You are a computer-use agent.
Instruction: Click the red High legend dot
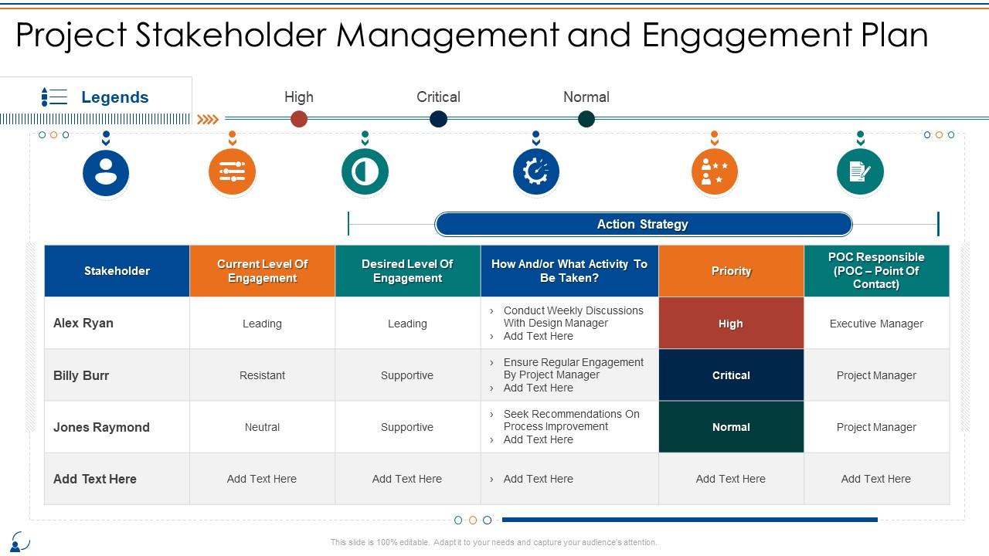[299, 119]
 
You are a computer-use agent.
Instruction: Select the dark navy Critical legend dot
[438, 119]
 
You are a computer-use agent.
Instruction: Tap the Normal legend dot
[586, 119]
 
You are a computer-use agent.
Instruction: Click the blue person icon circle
[106, 171]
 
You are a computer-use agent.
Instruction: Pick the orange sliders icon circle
[232, 171]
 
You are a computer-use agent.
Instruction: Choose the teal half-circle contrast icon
[365, 171]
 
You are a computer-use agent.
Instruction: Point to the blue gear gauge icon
[536, 171]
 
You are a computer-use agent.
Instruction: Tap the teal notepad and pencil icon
[860, 171]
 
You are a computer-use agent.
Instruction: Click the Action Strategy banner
[643, 224]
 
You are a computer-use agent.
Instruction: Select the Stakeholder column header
[117, 271]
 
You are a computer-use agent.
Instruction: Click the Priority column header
[731, 271]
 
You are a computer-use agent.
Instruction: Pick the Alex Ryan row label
[83, 323]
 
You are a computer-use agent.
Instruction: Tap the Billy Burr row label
[81, 375]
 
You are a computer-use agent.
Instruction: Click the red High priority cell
[731, 324]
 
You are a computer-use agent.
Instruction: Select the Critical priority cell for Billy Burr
[731, 375]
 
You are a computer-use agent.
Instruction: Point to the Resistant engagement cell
[262, 375]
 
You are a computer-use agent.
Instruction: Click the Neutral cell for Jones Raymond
[262, 427]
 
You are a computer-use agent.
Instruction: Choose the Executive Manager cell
[876, 324]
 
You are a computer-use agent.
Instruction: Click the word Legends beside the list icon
[114, 97]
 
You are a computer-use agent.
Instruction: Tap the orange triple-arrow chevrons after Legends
[207, 119]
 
